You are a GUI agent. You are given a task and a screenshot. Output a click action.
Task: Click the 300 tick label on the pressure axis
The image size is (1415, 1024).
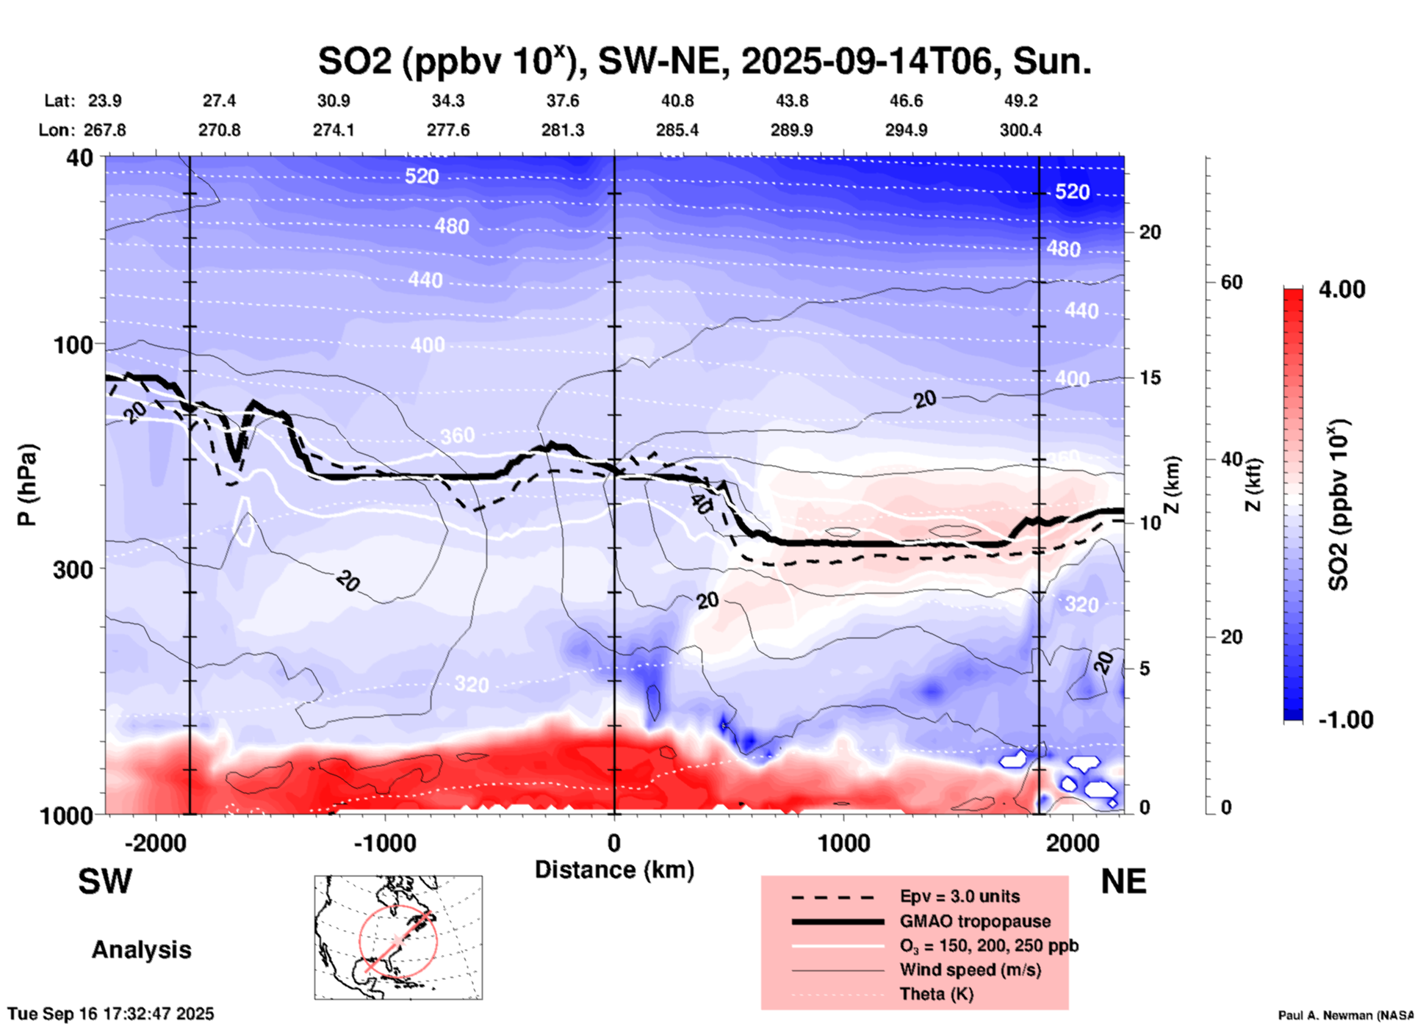click(73, 569)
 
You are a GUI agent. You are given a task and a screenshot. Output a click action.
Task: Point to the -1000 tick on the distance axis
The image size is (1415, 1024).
click(384, 843)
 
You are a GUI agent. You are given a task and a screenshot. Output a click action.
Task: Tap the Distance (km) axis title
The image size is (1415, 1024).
click(614, 870)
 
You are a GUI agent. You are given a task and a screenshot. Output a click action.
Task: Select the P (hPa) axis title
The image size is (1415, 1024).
click(27, 485)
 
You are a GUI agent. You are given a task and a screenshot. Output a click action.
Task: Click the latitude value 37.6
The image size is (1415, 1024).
click(563, 101)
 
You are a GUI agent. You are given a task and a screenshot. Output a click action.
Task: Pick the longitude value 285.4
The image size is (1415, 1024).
click(677, 130)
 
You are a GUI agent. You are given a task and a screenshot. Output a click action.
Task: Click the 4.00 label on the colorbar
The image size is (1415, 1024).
click(1342, 289)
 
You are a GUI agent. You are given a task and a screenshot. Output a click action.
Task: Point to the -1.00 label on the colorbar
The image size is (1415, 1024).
click(1344, 720)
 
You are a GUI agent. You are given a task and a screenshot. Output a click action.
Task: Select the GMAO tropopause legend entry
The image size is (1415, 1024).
click(975, 921)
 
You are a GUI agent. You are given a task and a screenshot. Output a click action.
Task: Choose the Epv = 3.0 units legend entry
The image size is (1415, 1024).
click(959, 896)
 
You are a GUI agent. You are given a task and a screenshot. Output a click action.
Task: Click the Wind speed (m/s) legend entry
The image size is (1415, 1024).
click(970, 970)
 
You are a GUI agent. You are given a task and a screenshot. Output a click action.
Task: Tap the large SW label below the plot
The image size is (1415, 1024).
click(105, 881)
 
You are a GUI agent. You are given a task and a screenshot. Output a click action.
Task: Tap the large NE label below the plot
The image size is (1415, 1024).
click(1123, 881)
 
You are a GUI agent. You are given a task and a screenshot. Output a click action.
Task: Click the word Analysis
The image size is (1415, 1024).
click(141, 950)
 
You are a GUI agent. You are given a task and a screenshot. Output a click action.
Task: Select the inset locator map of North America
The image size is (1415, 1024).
click(398, 937)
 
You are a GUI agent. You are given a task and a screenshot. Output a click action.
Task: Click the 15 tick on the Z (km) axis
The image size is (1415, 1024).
click(1150, 378)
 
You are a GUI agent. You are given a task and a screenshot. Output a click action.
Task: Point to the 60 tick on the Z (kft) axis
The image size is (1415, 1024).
click(1231, 282)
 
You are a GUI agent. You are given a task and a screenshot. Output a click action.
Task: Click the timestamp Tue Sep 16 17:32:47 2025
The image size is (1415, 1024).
click(111, 1014)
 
